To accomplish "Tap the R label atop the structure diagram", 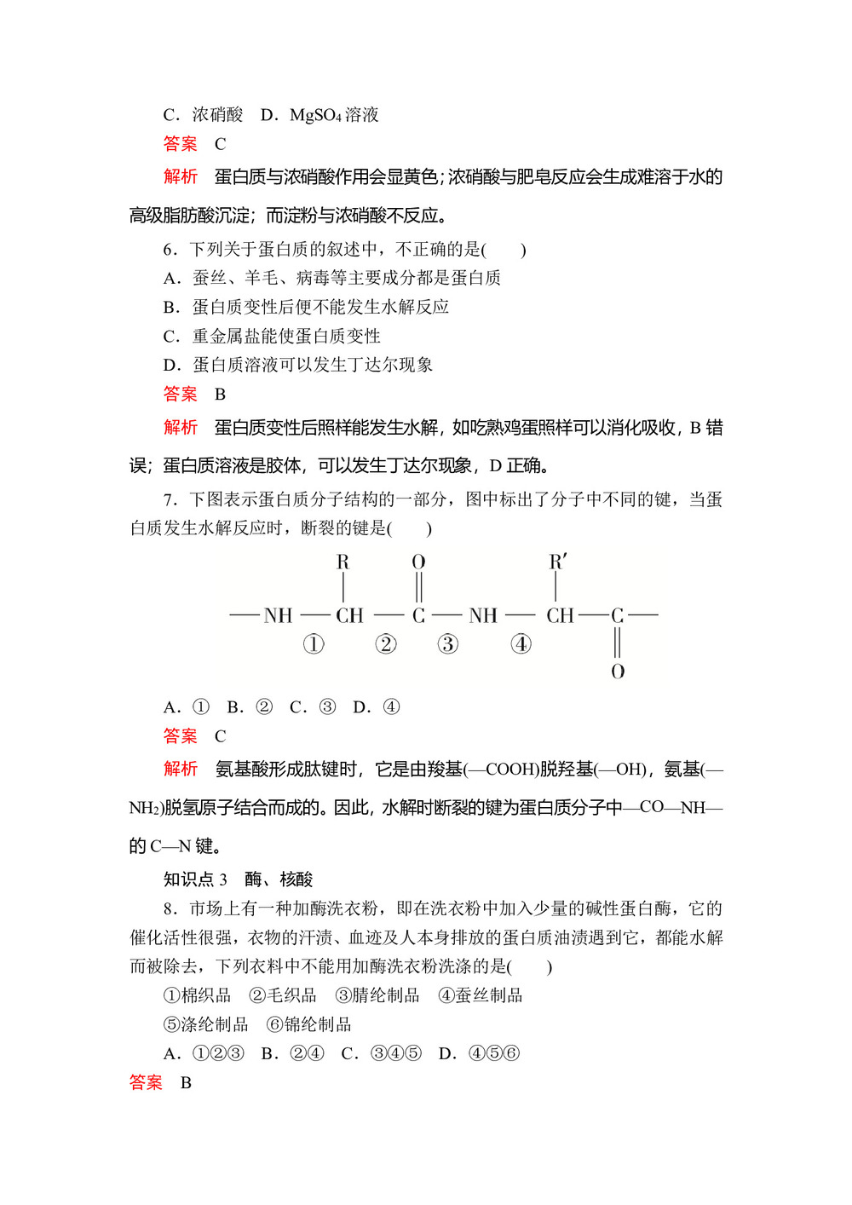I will (343, 562).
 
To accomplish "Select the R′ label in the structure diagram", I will (557, 562).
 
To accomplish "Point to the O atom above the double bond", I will (418, 562).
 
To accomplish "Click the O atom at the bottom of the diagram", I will (618, 672).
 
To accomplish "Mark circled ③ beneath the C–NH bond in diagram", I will (448, 644).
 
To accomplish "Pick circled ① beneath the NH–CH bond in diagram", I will (314, 644).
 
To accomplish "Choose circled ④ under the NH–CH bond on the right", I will (521, 644).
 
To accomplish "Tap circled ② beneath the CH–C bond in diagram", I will (386, 644).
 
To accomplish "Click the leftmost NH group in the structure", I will (278, 615).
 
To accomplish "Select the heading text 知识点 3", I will (195, 879).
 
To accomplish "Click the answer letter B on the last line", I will (186, 1083).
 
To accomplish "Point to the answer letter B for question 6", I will (220, 395).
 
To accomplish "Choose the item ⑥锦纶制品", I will (308, 1024).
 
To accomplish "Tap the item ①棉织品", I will (197, 995).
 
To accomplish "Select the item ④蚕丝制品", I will (481, 995).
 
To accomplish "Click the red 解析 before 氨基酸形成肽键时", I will (181, 770).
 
